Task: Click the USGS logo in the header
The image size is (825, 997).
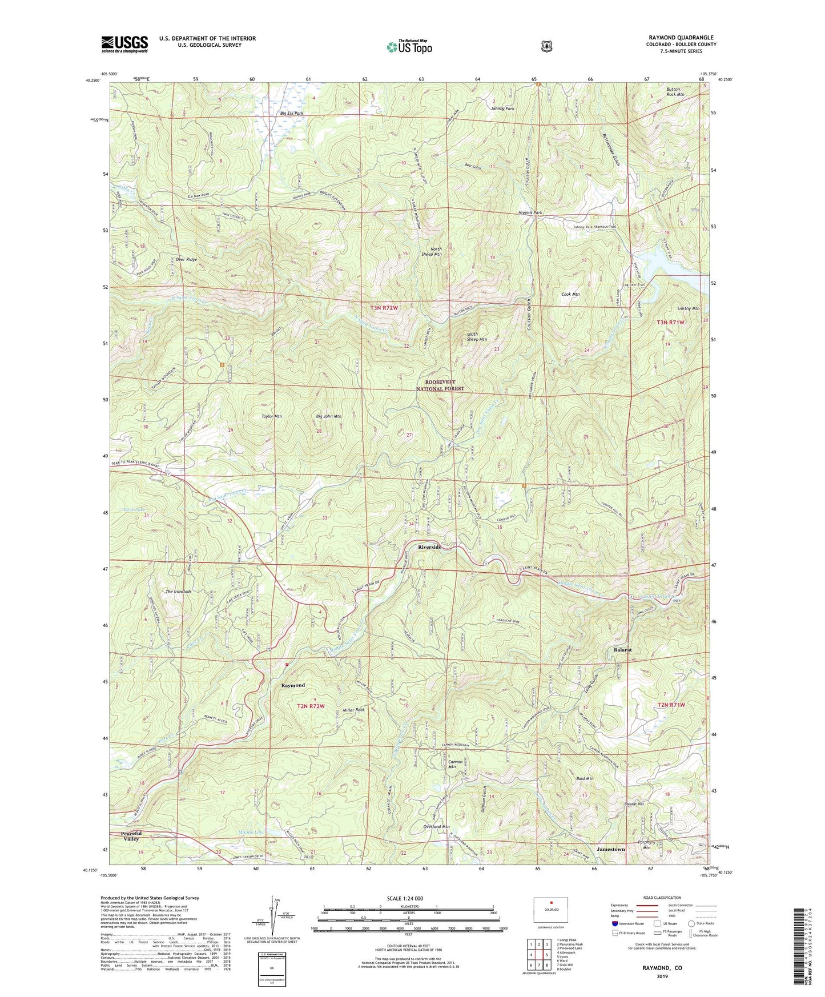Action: [x=124, y=44]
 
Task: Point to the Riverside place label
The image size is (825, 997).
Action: [x=430, y=547]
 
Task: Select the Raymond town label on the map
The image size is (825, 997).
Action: [x=293, y=685]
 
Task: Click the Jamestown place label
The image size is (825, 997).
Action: [x=611, y=850]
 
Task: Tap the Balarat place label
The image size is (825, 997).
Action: [x=622, y=650]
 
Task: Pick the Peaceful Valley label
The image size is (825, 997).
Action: [x=131, y=837]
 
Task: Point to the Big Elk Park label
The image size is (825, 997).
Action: [x=291, y=114]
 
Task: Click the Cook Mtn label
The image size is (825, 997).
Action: [x=570, y=295]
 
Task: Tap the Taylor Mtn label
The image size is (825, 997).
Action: [x=272, y=417]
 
